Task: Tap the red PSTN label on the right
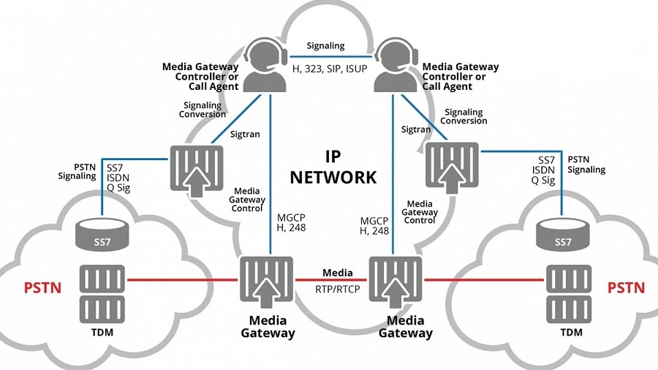[x=627, y=287]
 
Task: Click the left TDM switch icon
[x=102, y=292]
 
